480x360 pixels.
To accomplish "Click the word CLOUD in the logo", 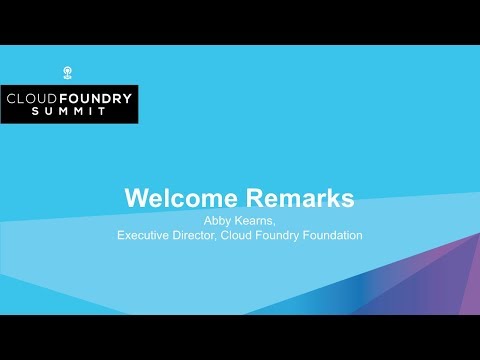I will point(33,99).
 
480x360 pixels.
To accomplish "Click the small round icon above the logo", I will point(68,72).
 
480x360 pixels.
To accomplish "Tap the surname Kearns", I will point(256,220).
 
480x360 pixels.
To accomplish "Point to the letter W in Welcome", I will point(136,197).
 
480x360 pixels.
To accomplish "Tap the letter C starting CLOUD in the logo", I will point(12,99).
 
